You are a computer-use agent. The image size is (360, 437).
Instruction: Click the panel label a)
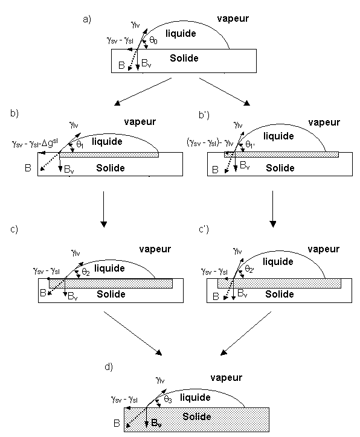tap(87, 19)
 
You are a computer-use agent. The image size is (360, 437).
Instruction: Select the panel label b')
tap(204, 115)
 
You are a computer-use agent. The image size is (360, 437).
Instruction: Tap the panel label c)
tap(14, 229)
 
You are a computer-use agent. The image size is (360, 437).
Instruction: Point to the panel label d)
tap(109, 367)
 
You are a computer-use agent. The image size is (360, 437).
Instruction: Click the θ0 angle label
tap(153, 40)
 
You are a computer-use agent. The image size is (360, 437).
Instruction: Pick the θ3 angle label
tap(168, 400)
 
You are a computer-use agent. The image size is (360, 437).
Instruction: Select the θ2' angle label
tap(249, 269)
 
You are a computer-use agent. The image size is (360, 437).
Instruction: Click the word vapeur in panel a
tap(233, 19)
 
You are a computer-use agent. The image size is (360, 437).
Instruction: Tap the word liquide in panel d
tap(195, 397)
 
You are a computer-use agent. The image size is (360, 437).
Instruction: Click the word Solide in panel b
tap(111, 168)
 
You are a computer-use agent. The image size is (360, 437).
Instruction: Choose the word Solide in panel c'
tap(280, 294)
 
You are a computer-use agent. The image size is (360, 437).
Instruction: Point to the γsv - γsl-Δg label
tap(35, 143)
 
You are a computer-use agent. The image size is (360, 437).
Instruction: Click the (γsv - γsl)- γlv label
tap(210, 142)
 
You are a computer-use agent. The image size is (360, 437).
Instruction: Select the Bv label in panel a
tap(146, 63)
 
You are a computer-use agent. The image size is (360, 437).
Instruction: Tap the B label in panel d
tap(117, 423)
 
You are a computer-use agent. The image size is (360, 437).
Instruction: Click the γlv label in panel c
tap(76, 253)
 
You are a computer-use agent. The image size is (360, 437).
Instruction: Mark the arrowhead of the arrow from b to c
tap(104, 224)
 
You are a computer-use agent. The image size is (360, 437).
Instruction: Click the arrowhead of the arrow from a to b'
tap(247, 103)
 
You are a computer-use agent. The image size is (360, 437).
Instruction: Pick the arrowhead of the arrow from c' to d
tap(223, 352)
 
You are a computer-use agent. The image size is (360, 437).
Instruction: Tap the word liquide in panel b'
tap(278, 136)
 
